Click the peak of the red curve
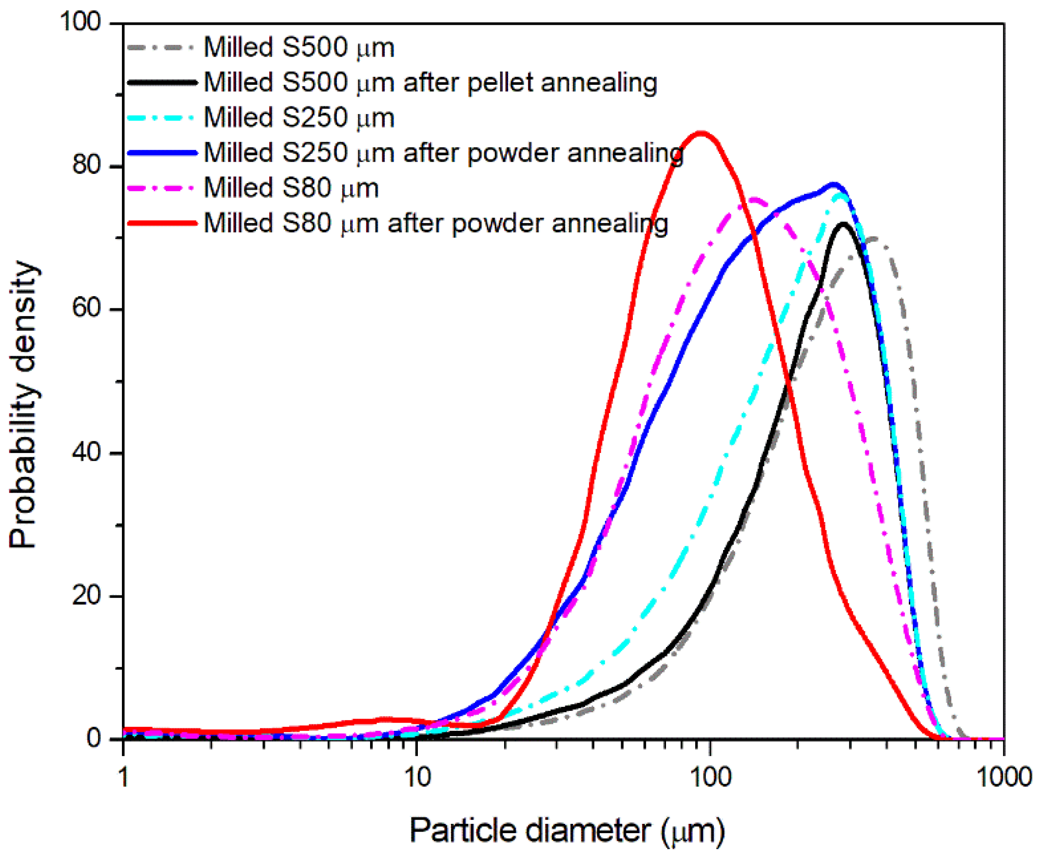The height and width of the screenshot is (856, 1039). click(701, 133)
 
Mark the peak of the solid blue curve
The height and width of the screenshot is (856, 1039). click(833, 186)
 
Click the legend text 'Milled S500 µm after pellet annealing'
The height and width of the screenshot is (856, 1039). click(430, 82)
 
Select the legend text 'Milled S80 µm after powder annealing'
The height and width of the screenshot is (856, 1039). click(435, 223)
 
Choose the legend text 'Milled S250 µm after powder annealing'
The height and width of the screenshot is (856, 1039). click(443, 153)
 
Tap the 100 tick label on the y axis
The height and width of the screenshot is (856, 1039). click(80, 22)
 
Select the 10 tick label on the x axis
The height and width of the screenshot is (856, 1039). click(417, 778)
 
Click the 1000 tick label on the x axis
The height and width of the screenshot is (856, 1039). click(1004, 778)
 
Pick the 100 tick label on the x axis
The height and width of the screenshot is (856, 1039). click(710, 778)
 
